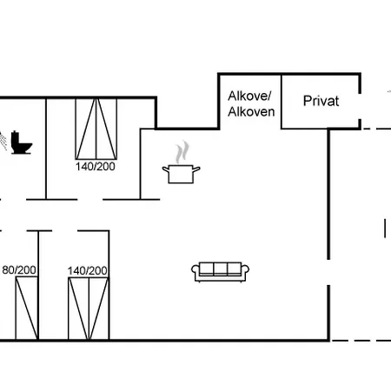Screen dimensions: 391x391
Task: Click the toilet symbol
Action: point(22,142)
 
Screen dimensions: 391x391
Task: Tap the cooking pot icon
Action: point(181,174)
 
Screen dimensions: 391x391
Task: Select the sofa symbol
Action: point(220,272)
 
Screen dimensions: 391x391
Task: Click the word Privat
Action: point(321,101)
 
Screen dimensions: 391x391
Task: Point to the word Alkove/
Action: point(249,96)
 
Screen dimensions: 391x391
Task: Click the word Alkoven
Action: point(251,112)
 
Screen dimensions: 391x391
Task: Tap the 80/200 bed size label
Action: point(19,270)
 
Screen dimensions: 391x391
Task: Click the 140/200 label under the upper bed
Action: point(96,167)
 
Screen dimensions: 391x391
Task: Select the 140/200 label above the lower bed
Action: point(88,271)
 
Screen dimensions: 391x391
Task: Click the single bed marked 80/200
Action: point(27,308)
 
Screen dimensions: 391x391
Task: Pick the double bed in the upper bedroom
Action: point(96,129)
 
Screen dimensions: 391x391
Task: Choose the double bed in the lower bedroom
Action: point(89,308)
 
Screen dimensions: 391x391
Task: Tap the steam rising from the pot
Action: point(182,152)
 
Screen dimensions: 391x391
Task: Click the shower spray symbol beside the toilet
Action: point(3,141)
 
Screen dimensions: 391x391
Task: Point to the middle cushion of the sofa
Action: point(221,268)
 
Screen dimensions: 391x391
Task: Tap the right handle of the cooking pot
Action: point(196,169)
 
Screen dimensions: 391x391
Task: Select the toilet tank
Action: point(16,139)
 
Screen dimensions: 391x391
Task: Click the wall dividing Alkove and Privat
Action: point(281,102)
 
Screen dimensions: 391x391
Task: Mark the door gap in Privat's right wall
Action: point(360,106)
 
